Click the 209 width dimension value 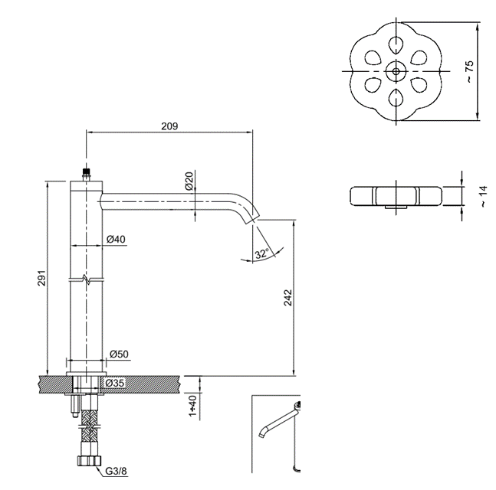pyautogui.click(x=169, y=126)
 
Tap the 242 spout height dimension pyautogui.click(x=287, y=299)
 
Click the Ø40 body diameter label pyautogui.click(x=116, y=239)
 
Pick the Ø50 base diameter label pyautogui.click(x=118, y=354)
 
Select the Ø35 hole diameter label pyautogui.click(x=115, y=383)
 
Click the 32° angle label pyautogui.click(x=261, y=253)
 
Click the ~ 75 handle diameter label pyautogui.click(x=469, y=70)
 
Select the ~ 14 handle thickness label pyautogui.click(x=483, y=196)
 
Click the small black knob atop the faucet pyautogui.click(x=87, y=172)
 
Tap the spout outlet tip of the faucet pyautogui.click(x=251, y=220)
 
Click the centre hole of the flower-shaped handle pyautogui.click(x=396, y=70)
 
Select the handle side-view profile pyautogui.click(x=396, y=196)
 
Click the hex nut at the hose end pyautogui.click(x=87, y=462)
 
